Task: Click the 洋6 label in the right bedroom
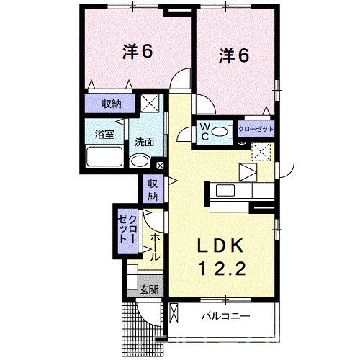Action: (234, 55)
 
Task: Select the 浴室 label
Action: (104, 134)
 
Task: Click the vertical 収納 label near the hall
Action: (153, 189)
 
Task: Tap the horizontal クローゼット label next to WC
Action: (256, 129)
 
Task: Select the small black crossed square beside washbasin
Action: (160, 165)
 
